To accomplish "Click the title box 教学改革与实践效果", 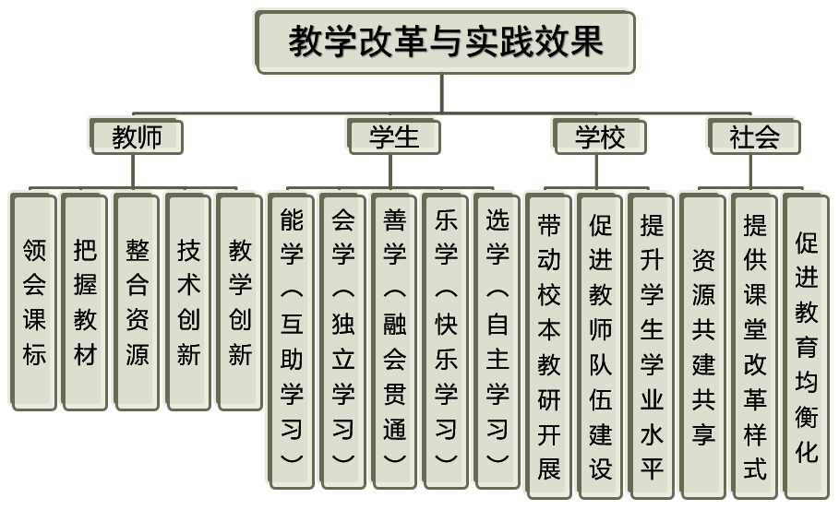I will pyautogui.click(x=445, y=42).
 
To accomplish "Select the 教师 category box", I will pyautogui.click(x=137, y=137).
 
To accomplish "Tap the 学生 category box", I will pyautogui.click(x=393, y=137).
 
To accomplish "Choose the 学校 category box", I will pyautogui.click(x=599, y=137).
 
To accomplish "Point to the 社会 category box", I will pyautogui.click(x=753, y=137).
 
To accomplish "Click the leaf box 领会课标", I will pyautogui.click(x=33, y=301).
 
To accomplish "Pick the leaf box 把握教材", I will pyautogui.click(x=85, y=301).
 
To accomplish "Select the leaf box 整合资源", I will pyautogui.click(x=137, y=301).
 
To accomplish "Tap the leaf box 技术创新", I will pyautogui.click(x=188, y=301).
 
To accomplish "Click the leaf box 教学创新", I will pyautogui.click(x=240, y=301).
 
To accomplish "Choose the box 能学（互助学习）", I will pyautogui.click(x=292, y=339).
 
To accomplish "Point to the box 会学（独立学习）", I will pyautogui.click(x=343, y=339).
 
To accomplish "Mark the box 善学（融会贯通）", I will pyautogui.click(x=395, y=339).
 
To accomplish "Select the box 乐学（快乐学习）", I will pyautogui.click(x=447, y=339).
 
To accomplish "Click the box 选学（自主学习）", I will pyautogui.click(x=498, y=339).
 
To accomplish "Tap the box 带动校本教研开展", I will pyautogui.click(x=549, y=346).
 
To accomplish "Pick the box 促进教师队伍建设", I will pyautogui.click(x=601, y=346).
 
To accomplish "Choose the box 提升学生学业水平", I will pyautogui.click(x=653, y=346).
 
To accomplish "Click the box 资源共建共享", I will pyautogui.click(x=703, y=346).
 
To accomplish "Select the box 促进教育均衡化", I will pyautogui.click(x=807, y=346).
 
